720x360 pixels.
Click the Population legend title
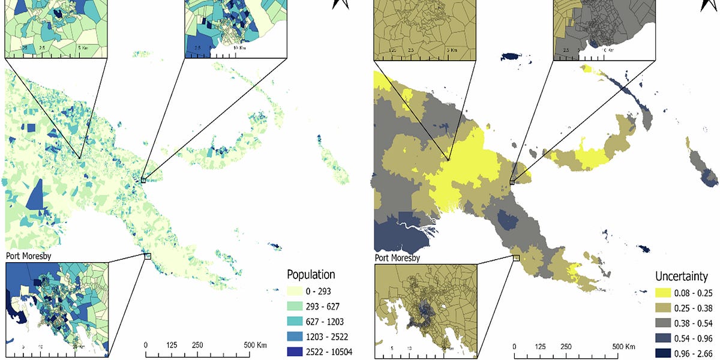(311, 275)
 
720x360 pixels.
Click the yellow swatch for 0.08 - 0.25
(667, 293)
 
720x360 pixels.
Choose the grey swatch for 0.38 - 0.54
(667, 323)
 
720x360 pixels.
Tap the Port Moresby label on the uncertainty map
(397, 258)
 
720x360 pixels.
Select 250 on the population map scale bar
(197, 346)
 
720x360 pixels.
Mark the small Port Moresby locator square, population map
(147, 256)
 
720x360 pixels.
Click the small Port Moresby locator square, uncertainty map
(516, 258)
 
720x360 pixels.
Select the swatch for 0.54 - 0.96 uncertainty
(667, 338)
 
